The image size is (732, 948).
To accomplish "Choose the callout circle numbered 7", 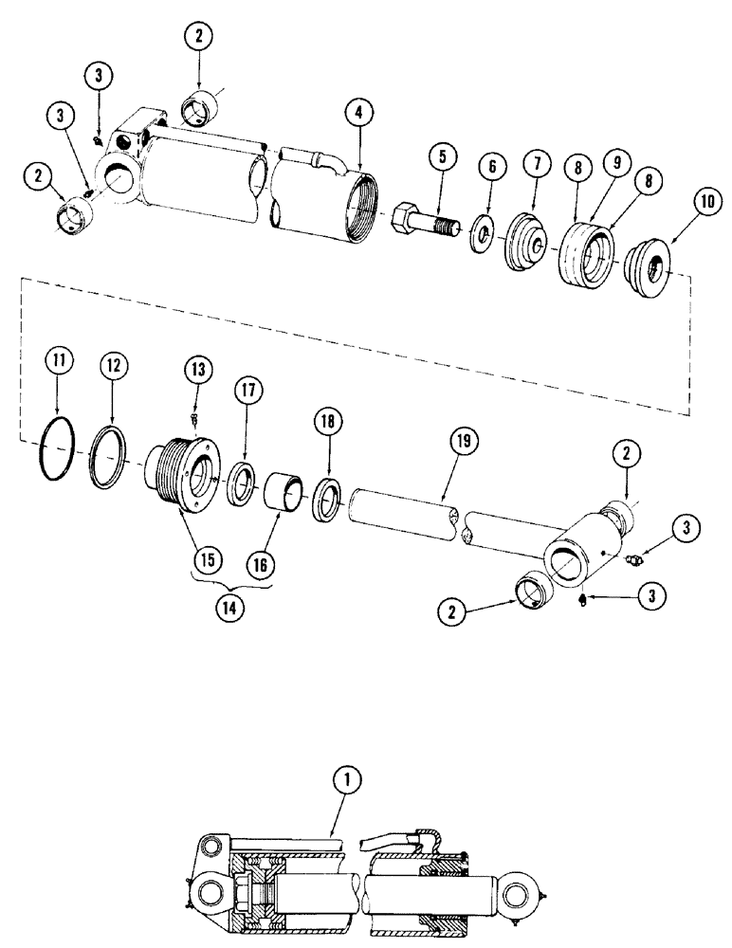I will coord(490,167).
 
